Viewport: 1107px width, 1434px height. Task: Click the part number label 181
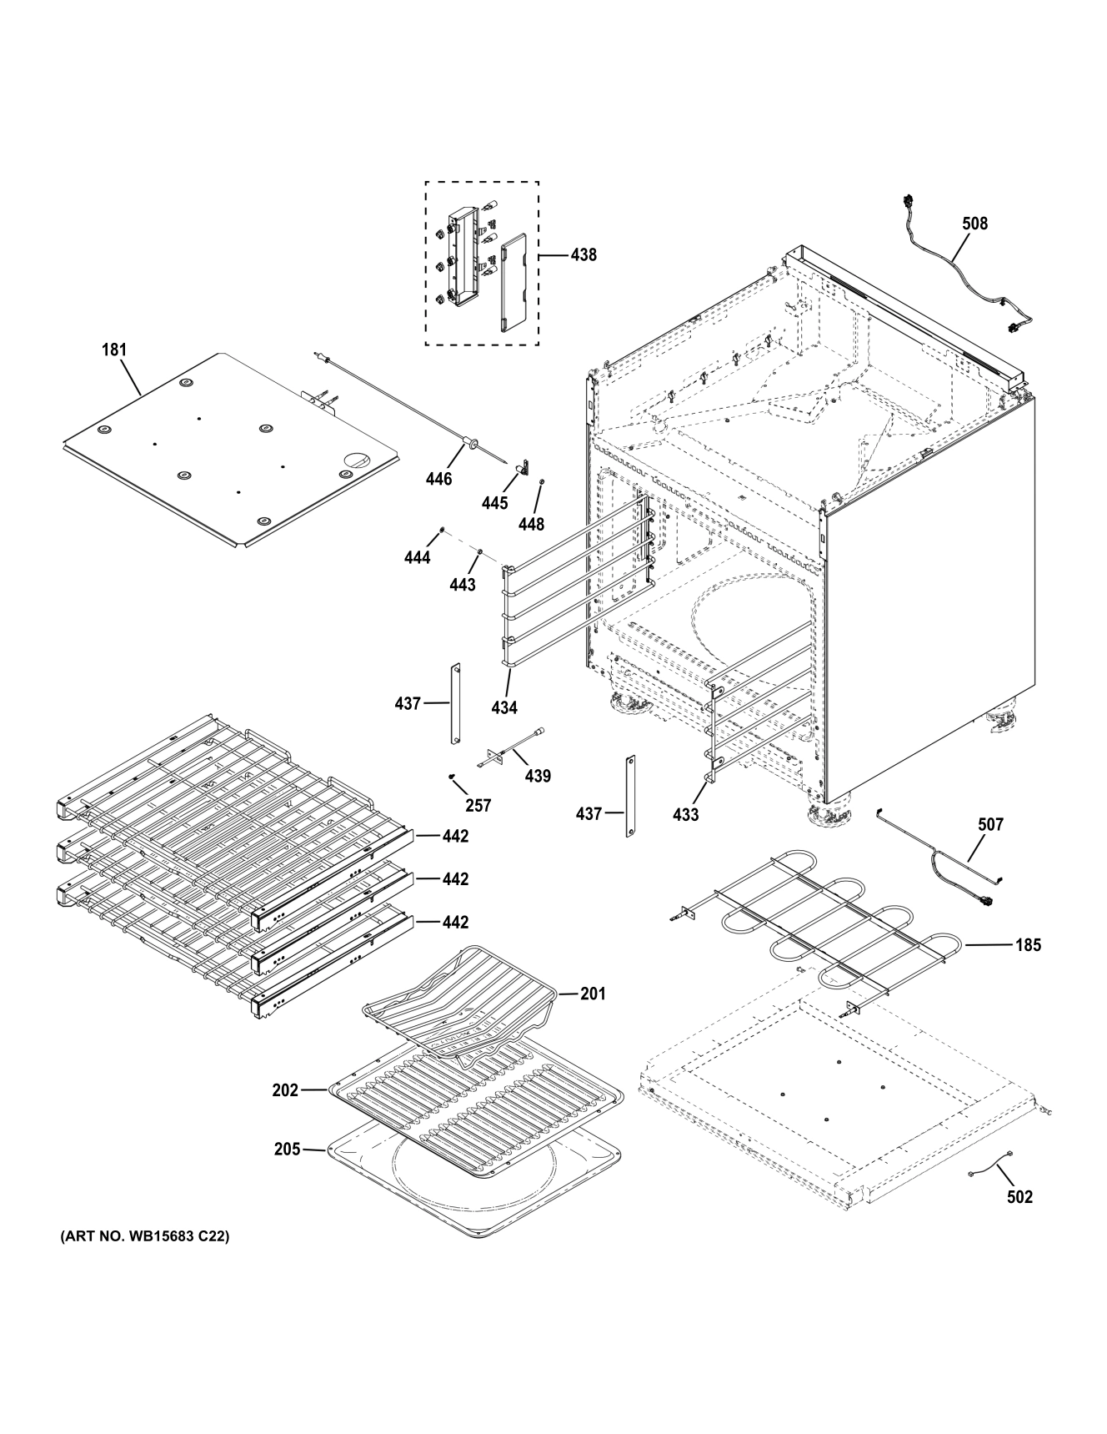[x=114, y=350]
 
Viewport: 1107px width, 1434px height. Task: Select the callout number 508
[x=974, y=224]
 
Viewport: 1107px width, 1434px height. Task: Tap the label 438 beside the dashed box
[x=584, y=255]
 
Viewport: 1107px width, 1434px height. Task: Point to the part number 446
[x=438, y=479]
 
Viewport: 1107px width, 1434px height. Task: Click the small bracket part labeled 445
[x=525, y=470]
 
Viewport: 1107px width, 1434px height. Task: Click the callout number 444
[x=418, y=557]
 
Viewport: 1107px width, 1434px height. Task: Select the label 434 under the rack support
[x=504, y=707]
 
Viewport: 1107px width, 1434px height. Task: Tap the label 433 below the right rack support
[x=685, y=814]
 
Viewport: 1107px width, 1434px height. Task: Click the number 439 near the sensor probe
[x=538, y=777]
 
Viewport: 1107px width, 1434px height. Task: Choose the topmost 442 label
[x=455, y=836]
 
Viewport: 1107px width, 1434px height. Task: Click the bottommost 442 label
[x=455, y=923]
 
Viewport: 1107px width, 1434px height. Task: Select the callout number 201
[x=594, y=994]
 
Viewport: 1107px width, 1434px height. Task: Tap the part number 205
[x=288, y=1150]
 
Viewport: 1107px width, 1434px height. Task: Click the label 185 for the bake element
[x=1028, y=946]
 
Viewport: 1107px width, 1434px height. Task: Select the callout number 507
[x=991, y=825]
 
